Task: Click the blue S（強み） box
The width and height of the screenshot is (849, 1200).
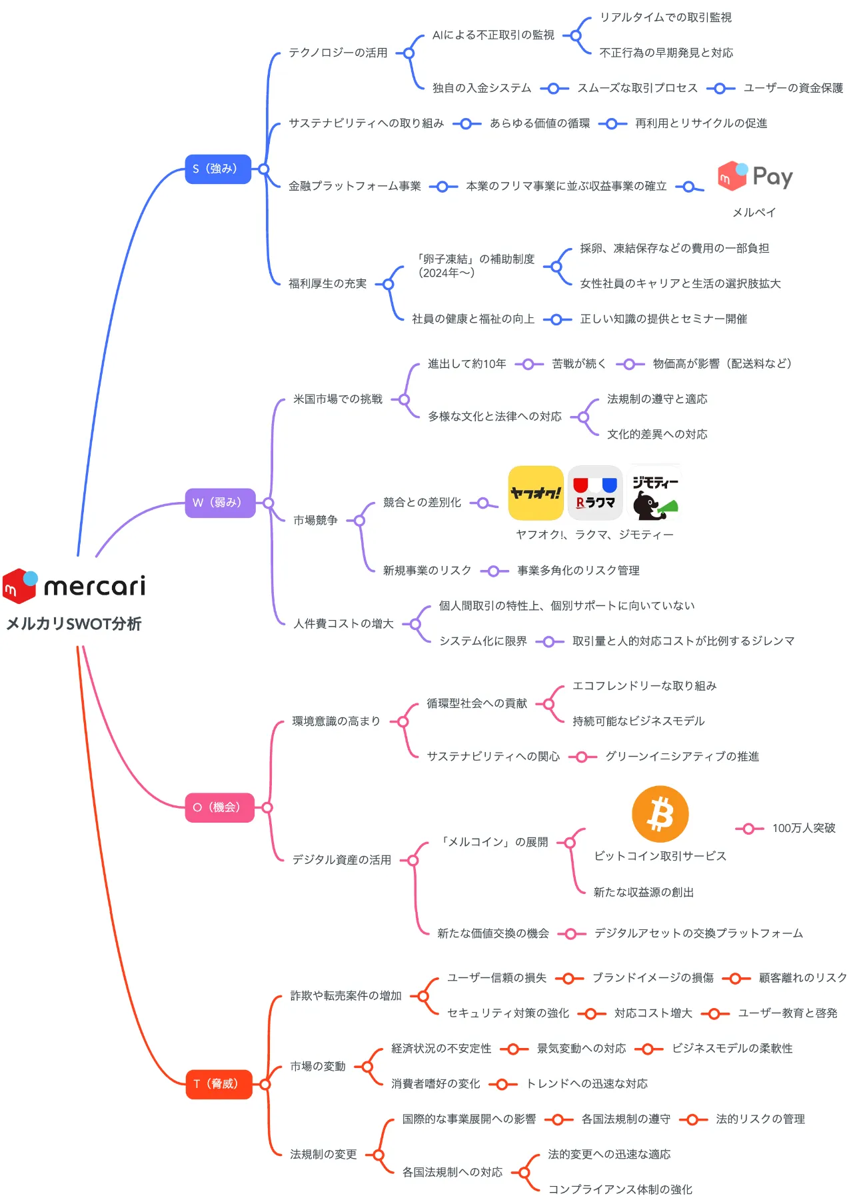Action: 217,169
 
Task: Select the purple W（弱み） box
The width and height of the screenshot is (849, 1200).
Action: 220,503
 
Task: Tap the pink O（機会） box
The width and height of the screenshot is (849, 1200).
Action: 219,807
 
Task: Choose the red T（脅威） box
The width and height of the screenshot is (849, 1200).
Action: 219,1084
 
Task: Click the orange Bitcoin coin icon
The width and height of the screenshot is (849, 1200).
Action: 660,814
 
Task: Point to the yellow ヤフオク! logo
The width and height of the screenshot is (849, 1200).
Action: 536,493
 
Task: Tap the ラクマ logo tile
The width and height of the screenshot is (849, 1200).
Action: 595,493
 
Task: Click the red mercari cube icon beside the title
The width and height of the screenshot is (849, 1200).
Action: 19,585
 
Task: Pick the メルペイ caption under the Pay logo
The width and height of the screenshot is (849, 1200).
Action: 754,213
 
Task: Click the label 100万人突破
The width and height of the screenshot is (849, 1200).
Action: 804,828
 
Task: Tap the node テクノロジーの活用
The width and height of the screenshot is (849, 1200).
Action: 338,53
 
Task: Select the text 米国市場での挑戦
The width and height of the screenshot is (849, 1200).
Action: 338,399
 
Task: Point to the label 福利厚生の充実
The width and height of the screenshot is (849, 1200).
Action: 327,284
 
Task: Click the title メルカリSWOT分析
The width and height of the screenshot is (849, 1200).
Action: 74,624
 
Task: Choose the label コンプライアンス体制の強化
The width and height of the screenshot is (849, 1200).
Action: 620,1189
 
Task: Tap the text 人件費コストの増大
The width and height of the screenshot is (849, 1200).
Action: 343,624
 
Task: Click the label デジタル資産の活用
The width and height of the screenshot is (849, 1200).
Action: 341,860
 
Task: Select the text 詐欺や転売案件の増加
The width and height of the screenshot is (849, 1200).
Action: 346,996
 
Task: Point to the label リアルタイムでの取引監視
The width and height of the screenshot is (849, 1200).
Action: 665,17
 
